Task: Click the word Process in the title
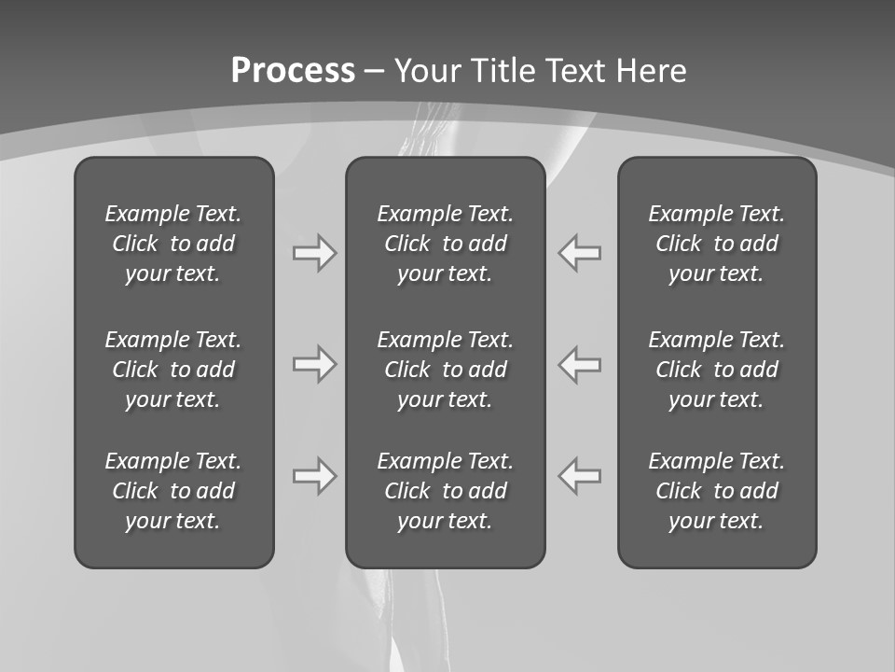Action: (x=293, y=71)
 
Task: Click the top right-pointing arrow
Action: (x=315, y=252)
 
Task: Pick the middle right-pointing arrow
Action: (x=315, y=364)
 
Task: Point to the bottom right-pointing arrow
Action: (x=315, y=476)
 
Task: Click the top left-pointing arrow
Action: (x=579, y=252)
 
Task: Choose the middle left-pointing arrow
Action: (x=579, y=364)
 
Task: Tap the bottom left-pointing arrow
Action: (x=579, y=476)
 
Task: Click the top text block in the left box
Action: (x=173, y=244)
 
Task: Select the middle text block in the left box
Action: (x=173, y=370)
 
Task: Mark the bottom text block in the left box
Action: (x=173, y=491)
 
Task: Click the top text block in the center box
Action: (x=445, y=244)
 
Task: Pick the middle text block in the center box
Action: (x=445, y=370)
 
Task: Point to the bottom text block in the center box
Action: (x=445, y=491)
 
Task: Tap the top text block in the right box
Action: (x=716, y=244)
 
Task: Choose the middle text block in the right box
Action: (x=716, y=370)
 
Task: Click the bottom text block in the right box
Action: (x=716, y=491)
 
